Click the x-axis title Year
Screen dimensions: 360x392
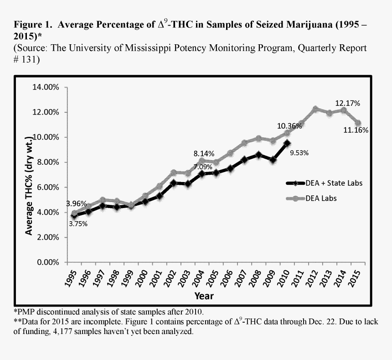(x=204, y=296)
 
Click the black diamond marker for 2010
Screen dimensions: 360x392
(x=287, y=143)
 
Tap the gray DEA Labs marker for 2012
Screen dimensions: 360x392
(x=315, y=109)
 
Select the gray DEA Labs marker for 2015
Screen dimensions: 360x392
(x=358, y=123)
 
